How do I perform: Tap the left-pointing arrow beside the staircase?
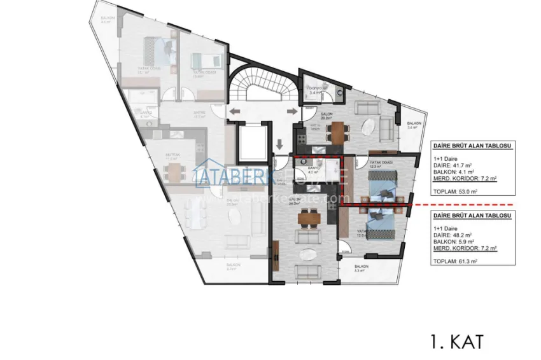pyautogui.click(x=234, y=111)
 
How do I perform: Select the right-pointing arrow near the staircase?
pyautogui.click(x=294, y=111)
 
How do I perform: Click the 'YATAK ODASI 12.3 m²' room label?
pyautogui.click(x=381, y=165)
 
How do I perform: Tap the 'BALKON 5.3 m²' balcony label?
pyautogui.click(x=362, y=268)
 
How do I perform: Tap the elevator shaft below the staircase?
pyautogui.click(x=253, y=144)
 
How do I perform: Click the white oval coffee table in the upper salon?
pyautogui.click(x=368, y=127)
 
